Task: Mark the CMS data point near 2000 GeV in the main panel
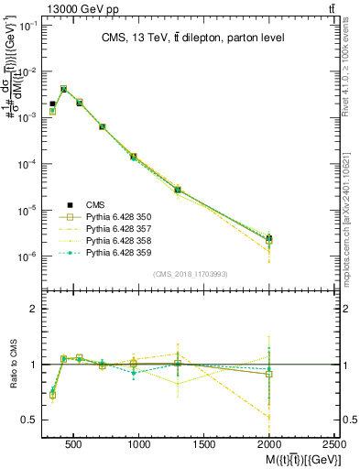tap(269, 239)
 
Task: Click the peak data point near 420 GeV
tap(63, 89)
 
